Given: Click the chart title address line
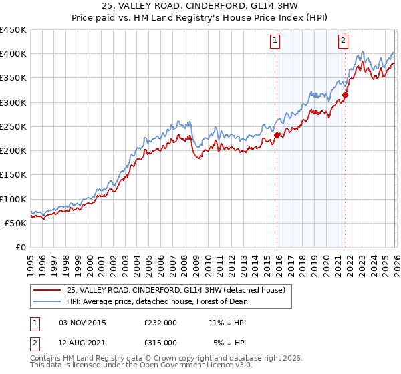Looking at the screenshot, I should coord(200,7).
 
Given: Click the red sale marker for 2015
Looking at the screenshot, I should coord(277,135).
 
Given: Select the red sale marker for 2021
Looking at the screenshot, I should coord(346,95).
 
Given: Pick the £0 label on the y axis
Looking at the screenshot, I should coord(19,247).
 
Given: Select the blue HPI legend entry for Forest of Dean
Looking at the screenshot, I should coord(157,301).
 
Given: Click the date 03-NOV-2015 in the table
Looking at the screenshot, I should coord(82,323).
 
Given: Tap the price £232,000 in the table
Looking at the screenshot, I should coord(160,323).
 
